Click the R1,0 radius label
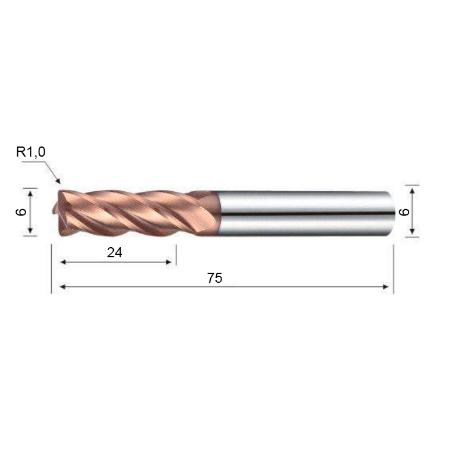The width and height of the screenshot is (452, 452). pyautogui.click(x=31, y=152)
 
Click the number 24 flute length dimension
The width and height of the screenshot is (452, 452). pyautogui.click(x=114, y=253)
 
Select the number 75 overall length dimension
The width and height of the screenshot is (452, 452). pyautogui.click(x=215, y=278)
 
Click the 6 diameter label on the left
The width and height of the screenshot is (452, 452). pyautogui.click(x=21, y=212)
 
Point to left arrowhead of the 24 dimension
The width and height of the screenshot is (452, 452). pyautogui.click(x=63, y=262)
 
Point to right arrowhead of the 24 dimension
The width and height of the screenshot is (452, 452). pyautogui.click(x=168, y=262)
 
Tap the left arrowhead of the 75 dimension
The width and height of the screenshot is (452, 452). pyautogui.click(x=63, y=286)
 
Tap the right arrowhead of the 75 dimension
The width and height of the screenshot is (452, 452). pyautogui.click(x=385, y=286)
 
